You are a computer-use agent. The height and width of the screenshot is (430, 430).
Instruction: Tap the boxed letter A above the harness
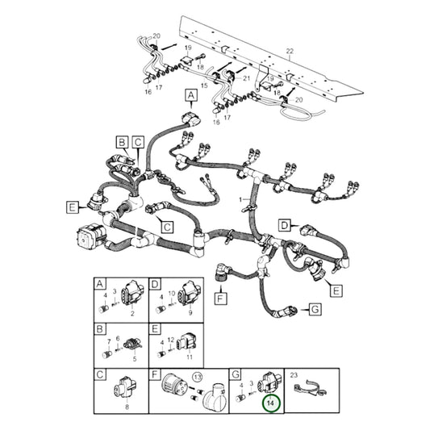pos(191,96)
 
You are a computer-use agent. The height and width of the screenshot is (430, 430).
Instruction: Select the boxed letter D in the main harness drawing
pos(284,224)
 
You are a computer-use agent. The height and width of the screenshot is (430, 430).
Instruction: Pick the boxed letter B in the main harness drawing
pos(120,142)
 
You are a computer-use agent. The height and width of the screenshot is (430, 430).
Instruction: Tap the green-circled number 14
pos(270,403)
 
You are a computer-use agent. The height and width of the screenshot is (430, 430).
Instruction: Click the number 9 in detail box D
pos(190,311)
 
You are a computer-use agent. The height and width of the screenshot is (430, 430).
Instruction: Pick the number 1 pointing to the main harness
pos(239,198)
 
